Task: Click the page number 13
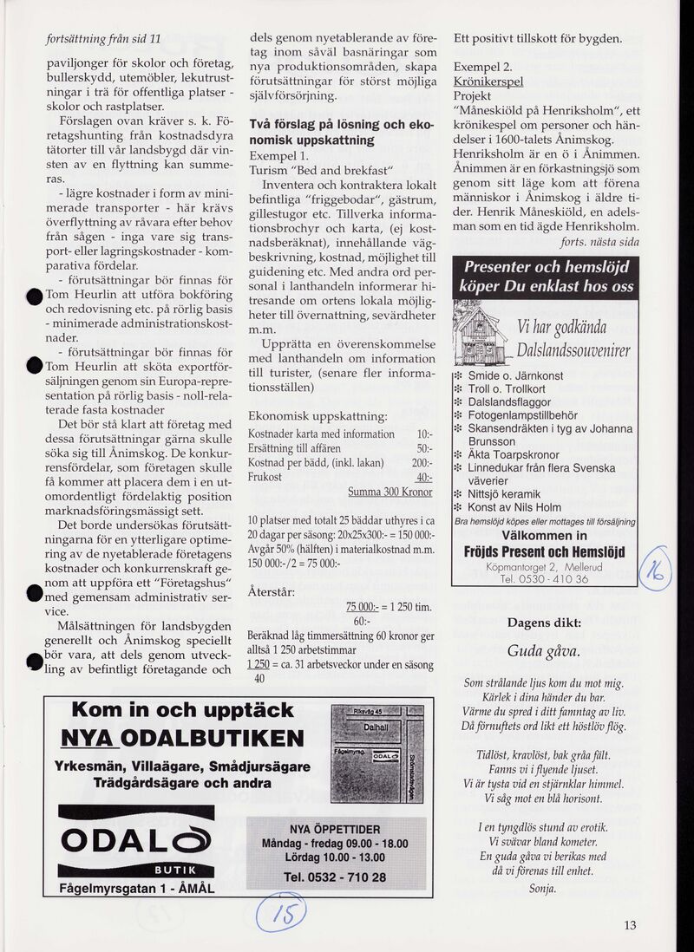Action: tap(630, 925)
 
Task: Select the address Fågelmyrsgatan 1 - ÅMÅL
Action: tap(136, 889)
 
